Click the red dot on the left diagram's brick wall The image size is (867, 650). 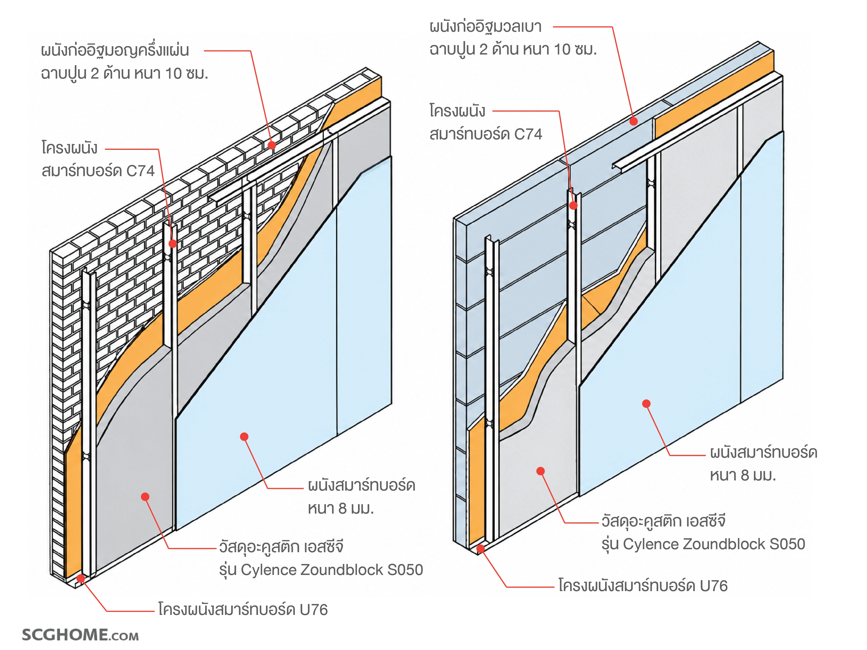coord(272,145)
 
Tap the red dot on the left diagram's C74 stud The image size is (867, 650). coord(173,244)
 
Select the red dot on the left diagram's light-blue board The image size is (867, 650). coord(244,436)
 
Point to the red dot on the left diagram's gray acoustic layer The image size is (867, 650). coord(145,497)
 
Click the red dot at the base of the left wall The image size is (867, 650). coord(81,578)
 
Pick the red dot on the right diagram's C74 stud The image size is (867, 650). coord(573,205)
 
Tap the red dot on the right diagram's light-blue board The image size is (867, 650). coord(646,403)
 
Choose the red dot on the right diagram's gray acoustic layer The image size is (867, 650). coord(540,471)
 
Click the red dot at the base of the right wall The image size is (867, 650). coord(480,548)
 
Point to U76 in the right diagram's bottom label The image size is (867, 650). coord(713,586)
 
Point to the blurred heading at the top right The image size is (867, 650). coord(485,27)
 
